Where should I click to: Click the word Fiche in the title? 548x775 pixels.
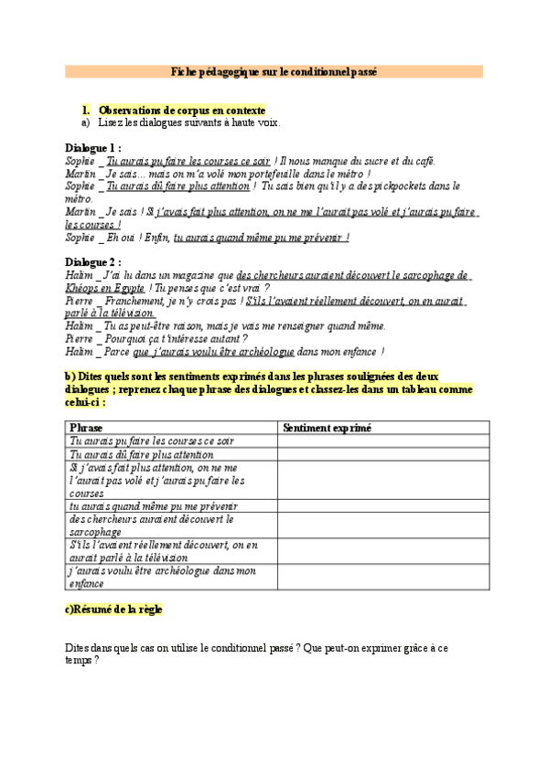click(x=187, y=71)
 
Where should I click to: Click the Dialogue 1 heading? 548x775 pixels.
click(x=92, y=148)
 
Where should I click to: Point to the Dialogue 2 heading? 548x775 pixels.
click(x=92, y=261)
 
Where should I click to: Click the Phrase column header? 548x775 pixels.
click(x=86, y=427)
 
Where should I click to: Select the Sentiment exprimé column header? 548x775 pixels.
click(x=327, y=427)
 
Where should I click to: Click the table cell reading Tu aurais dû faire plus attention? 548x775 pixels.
click(x=142, y=454)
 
